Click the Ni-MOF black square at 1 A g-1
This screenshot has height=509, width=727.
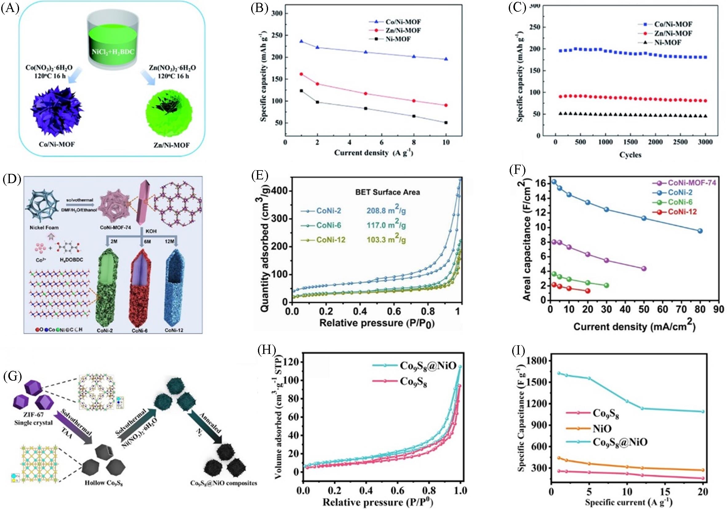[x=301, y=91]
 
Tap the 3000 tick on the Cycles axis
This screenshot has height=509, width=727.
[x=705, y=142]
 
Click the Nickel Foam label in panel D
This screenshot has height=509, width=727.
[x=44, y=227]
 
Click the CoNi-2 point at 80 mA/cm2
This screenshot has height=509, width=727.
[x=700, y=231]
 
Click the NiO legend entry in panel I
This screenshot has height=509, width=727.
[x=602, y=429]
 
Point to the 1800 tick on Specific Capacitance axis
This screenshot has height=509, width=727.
[x=539, y=361]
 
